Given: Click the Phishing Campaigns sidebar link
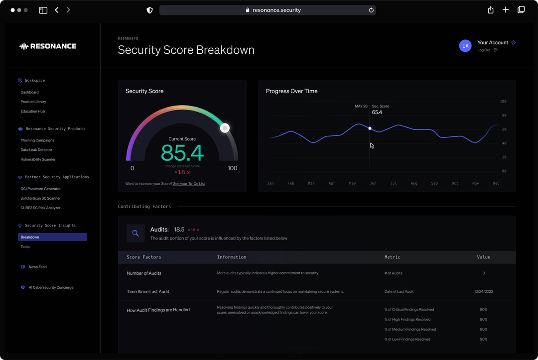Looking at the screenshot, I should [37, 140].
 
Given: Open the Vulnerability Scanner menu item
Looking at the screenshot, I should [38, 159].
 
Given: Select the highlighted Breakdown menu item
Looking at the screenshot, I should [52, 237].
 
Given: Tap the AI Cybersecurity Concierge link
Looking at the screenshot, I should [51, 287].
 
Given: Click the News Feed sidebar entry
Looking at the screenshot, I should [37, 267].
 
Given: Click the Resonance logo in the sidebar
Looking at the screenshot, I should [48, 46].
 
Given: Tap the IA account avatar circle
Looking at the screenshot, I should [465, 46].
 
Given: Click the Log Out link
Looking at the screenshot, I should [484, 50].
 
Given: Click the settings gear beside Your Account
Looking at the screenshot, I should [514, 42].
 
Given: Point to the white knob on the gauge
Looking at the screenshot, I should [225, 128].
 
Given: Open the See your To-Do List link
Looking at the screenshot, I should [189, 184].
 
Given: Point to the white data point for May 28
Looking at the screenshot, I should [370, 128].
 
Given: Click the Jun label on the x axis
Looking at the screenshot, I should [373, 183].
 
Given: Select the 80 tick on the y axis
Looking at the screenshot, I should [503, 116].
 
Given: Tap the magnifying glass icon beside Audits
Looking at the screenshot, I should [135, 233].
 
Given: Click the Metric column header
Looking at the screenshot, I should [392, 257].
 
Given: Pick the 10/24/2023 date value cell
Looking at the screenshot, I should [483, 291].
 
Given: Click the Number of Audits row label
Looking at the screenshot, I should [144, 273].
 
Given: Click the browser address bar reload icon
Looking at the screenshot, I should [371, 10].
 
